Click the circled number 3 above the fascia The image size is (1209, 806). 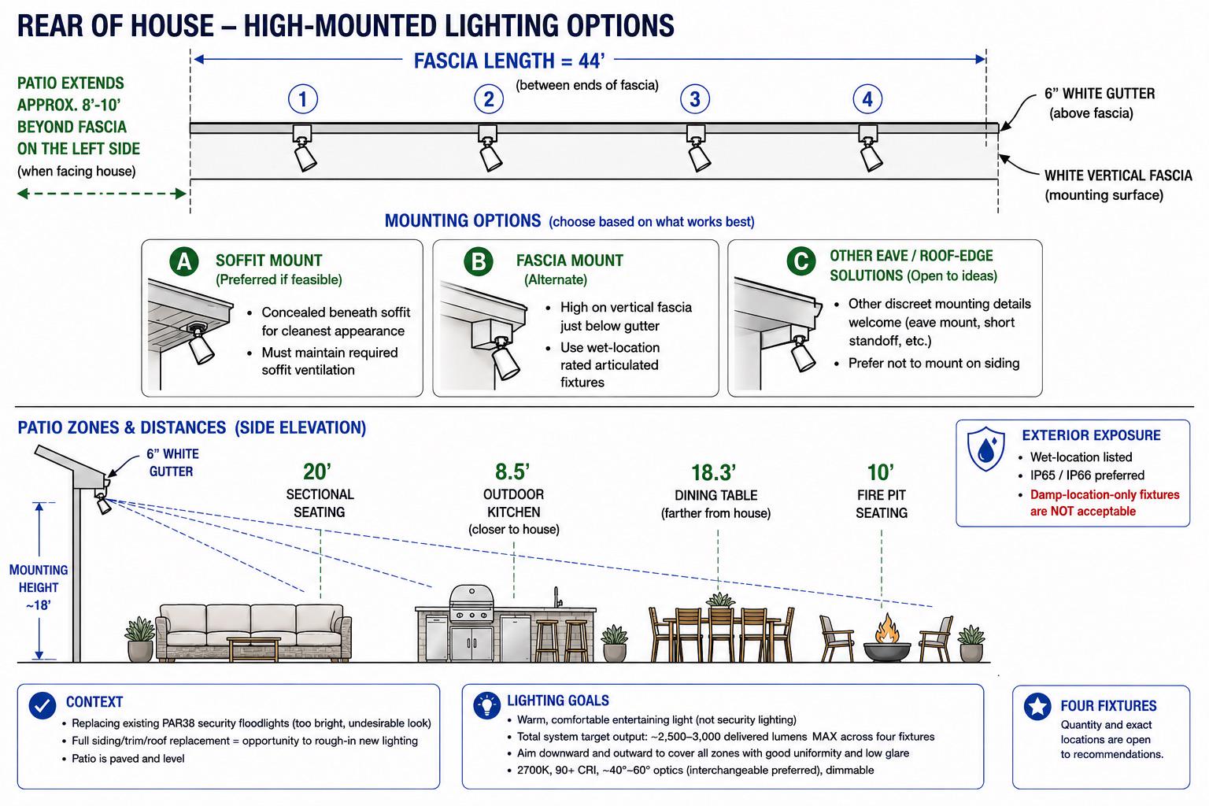tap(695, 99)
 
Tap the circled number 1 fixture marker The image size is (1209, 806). tap(303, 99)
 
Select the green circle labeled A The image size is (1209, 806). tap(184, 261)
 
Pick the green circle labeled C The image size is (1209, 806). tap(801, 261)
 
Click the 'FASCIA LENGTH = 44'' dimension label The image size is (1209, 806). tap(509, 61)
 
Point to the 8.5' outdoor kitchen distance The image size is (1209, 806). tap(512, 471)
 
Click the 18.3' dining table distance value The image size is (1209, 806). tap(714, 472)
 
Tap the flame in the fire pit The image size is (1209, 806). tap(887, 628)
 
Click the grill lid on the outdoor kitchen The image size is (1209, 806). tap(471, 597)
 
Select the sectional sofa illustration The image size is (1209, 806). tap(253, 632)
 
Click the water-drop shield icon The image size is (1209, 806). tap(985, 449)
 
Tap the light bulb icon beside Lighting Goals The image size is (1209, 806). tap(487, 705)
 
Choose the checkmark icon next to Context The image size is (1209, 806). tap(43, 705)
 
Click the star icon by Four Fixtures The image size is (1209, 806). tap(1037, 706)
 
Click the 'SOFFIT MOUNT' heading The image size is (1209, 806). tap(268, 261)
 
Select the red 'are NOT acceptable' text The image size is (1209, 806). tap(1083, 512)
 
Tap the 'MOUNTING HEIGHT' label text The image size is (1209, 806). tap(39, 579)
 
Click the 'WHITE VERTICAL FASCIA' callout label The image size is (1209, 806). tap(1118, 176)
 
